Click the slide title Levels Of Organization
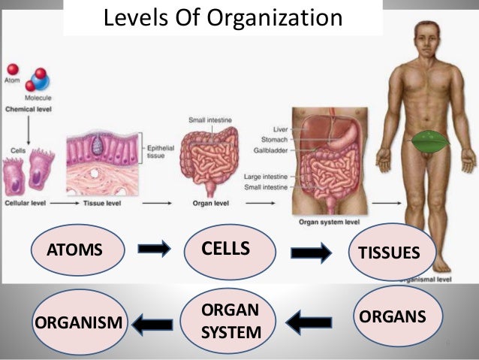coord(222,17)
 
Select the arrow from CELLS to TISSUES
coord(310,253)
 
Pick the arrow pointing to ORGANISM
coord(152,324)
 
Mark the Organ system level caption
coord(330,220)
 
